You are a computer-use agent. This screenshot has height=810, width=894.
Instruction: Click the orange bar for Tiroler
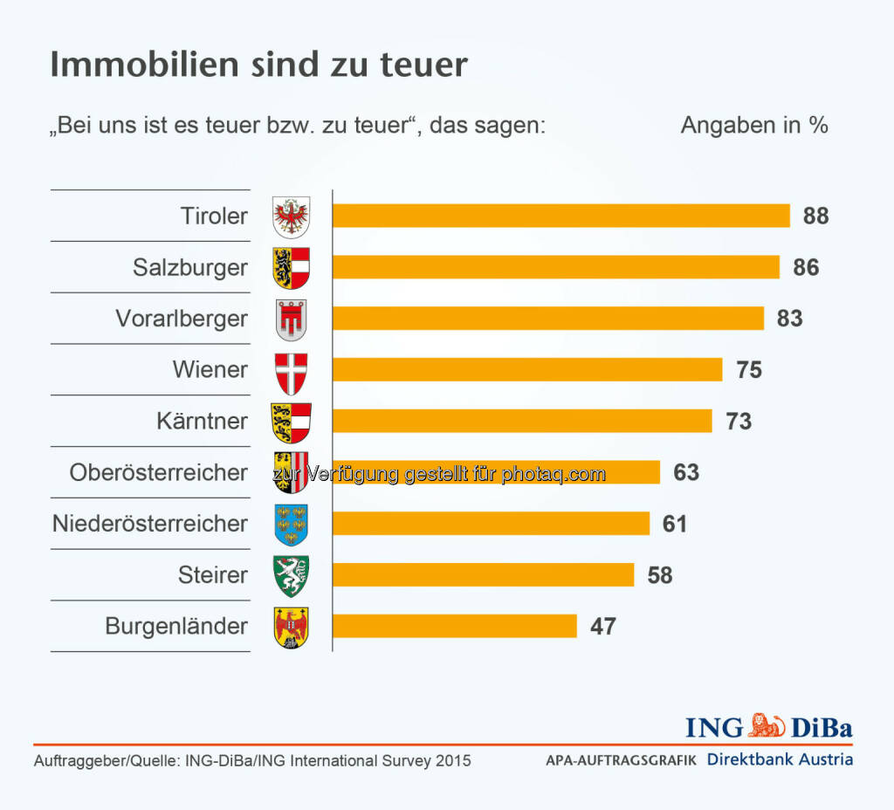(x=560, y=216)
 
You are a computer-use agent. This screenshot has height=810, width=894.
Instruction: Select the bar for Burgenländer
(x=454, y=626)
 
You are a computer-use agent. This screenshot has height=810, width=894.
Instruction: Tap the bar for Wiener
(x=527, y=369)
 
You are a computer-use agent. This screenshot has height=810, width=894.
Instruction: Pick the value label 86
(x=806, y=267)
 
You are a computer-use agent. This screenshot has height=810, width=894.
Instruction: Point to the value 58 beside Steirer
(x=660, y=575)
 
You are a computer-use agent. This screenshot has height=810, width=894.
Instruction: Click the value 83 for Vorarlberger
(x=789, y=319)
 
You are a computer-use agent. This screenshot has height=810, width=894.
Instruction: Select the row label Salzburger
(x=190, y=267)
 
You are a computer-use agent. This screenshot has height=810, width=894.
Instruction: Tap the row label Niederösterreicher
(x=150, y=524)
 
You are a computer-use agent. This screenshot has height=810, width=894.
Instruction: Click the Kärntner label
(x=203, y=421)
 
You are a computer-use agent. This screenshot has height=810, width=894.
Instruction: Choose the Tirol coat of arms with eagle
(x=292, y=216)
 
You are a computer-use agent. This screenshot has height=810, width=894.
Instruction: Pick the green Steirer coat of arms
(x=292, y=575)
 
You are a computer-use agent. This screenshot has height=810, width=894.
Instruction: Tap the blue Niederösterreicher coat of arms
(x=292, y=524)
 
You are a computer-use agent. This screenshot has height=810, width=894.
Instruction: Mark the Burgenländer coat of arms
(x=292, y=627)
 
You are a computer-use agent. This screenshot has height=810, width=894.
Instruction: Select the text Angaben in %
(x=754, y=125)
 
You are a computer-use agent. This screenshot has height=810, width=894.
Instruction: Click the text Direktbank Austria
(x=780, y=759)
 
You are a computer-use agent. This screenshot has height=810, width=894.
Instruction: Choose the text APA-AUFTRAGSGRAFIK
(x=621, y=760)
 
